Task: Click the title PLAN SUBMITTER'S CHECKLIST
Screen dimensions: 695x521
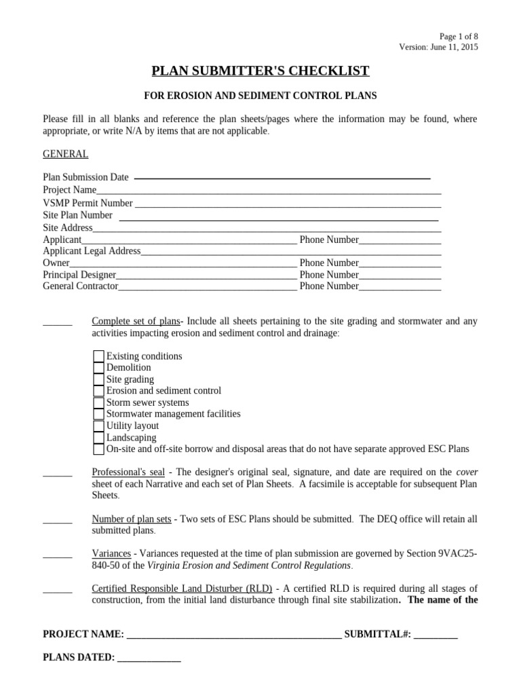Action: pos(260,71)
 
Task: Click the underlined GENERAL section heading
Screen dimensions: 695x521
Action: pos(65,154)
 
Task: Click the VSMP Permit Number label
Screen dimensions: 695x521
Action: pos(88,203)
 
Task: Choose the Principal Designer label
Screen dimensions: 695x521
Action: pos(79,275)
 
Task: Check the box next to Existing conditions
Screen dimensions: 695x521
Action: pos(98,356)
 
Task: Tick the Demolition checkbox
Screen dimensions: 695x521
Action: pos(98,368)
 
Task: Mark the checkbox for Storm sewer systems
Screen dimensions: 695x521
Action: pos(98,402)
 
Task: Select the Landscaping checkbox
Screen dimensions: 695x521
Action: pos(98,438)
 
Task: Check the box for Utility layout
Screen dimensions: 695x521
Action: pos(98,426)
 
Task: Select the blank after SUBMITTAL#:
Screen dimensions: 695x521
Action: pos(436,635)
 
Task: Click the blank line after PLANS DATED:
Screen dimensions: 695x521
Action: pos(149,658)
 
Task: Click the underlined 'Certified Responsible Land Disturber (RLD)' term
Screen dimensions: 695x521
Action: pos(182,588)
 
